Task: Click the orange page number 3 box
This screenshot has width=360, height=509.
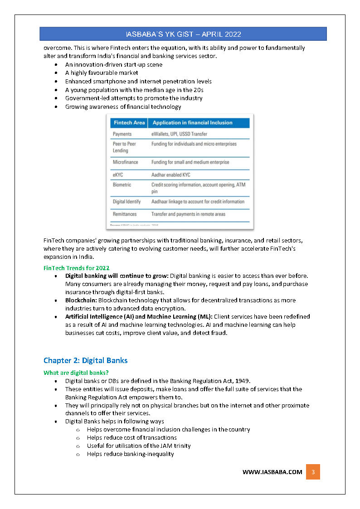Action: [x=313, y=472]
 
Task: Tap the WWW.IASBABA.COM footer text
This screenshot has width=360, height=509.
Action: [x=272, y=472]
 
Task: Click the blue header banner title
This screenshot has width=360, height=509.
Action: [x=183, y=34]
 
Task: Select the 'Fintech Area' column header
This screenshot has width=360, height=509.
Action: [x=129, y=123]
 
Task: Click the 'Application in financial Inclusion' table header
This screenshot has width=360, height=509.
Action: [x=192, y=123]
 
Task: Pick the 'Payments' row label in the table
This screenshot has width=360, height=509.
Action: [x=122, y=134]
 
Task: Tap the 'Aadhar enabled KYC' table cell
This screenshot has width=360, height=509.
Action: [x=170, y=175]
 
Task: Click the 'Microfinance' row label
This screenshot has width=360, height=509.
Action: [x=125, y=162]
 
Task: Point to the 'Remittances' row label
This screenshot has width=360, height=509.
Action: [x=125, y=214]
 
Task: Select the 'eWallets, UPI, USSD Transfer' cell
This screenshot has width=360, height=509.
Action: [x=179, y=134]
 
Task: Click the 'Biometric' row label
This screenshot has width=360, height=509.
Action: [x=122, y=185]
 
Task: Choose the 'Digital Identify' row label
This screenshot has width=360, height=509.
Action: [x=126, y=202]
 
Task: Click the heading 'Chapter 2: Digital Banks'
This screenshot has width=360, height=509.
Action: [x=85, y=361]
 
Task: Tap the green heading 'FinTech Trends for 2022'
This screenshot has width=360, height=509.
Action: [x=76, y=268]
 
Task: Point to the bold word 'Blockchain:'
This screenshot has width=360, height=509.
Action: [x=81, y=300]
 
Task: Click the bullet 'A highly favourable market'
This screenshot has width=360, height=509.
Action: [x=102, y=73]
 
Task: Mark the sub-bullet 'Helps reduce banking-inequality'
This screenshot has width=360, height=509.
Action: [x=130, y=454]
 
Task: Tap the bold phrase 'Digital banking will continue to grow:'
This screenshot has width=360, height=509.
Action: [x=117, y=276]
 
